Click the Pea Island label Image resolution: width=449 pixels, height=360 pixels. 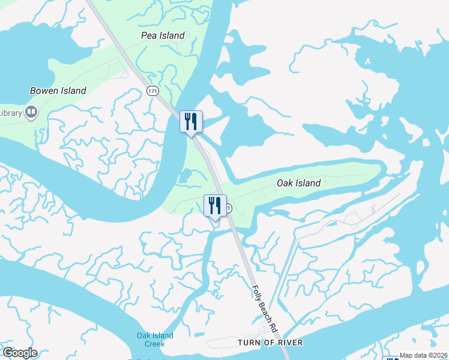[x=163, y=35]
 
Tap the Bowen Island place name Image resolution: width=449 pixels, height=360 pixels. [x=58, y=91]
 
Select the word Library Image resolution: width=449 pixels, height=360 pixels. [x=10, y=112]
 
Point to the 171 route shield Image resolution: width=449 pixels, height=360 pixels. [x=152, y=90]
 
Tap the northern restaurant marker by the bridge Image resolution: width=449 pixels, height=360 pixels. [x=191, y=122]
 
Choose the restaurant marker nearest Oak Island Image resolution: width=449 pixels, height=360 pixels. [x=215, y=206]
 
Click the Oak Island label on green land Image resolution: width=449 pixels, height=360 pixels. [x=298, y=183]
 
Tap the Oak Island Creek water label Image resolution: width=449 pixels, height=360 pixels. [x=155, y=340]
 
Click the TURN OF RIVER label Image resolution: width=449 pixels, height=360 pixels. [x=270, y=343]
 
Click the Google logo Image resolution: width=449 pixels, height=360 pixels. [x=20, y=353]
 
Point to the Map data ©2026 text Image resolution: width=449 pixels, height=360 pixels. [x=424, y=355]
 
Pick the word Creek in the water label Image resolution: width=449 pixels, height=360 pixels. [x=155, y=344]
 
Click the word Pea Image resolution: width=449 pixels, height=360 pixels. [x=148, y=35]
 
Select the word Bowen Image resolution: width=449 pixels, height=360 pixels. [x=44, y=91]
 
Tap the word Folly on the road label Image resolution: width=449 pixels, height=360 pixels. [x=256, y=292]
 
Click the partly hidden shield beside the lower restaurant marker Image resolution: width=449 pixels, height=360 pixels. [x=229, y=208]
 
